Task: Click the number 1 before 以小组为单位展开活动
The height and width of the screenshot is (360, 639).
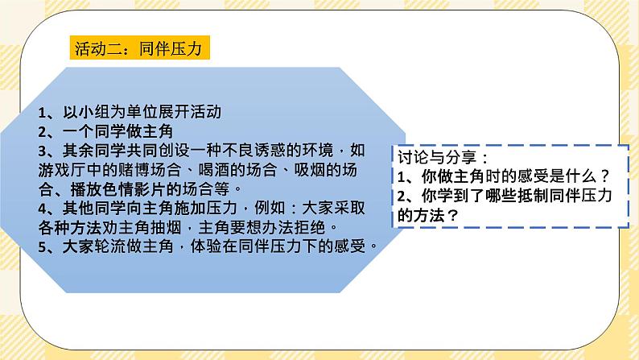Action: coord(42,113)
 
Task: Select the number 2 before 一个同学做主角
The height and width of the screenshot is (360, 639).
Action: coord(43,131)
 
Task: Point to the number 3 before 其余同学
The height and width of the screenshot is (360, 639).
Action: coord(43,151)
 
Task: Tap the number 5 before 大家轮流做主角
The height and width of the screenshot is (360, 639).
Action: coord(43,247)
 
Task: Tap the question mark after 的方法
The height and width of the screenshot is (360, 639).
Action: coord(455,215)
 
